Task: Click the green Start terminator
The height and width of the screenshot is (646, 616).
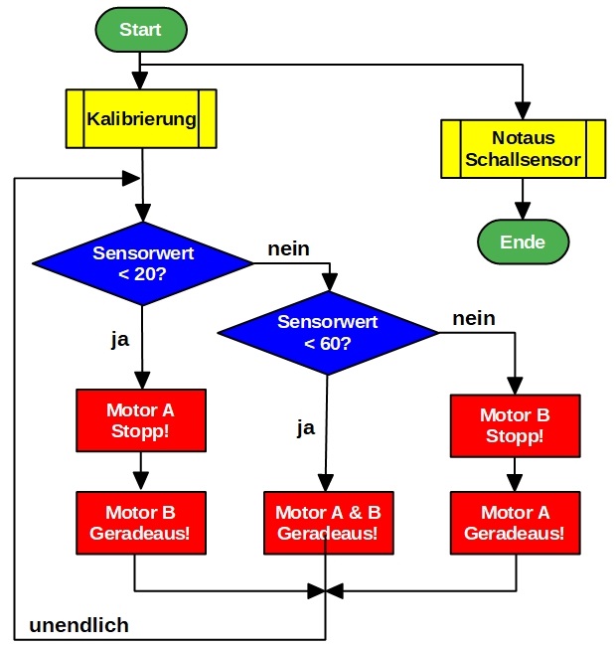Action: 140,30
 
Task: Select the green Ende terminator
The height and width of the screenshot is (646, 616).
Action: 523,242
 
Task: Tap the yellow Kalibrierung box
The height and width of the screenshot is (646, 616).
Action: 141,119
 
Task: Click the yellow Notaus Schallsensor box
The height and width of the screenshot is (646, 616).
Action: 523,149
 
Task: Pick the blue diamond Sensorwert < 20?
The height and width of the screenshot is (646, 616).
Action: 142,262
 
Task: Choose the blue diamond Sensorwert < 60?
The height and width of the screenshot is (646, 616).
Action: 327,333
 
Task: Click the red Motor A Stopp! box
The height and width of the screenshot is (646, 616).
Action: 141,419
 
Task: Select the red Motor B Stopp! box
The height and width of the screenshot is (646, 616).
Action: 515,425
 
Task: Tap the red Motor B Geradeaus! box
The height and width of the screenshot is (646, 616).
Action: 141,524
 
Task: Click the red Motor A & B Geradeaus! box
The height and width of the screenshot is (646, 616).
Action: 327,524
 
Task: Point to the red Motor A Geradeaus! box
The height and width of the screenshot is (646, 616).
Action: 515,524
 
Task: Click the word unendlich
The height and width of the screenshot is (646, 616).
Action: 78,626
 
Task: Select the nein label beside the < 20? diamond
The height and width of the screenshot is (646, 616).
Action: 288,248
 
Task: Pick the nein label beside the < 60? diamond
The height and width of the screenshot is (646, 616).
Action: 474,319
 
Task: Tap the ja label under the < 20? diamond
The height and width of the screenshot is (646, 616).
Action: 119,339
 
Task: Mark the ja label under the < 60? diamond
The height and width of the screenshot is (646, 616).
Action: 306,428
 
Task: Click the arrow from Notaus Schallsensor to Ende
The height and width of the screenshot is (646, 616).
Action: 523,199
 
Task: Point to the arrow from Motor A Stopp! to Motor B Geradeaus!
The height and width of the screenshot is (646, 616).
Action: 141,470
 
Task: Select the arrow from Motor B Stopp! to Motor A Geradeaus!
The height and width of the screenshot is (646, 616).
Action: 515,475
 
